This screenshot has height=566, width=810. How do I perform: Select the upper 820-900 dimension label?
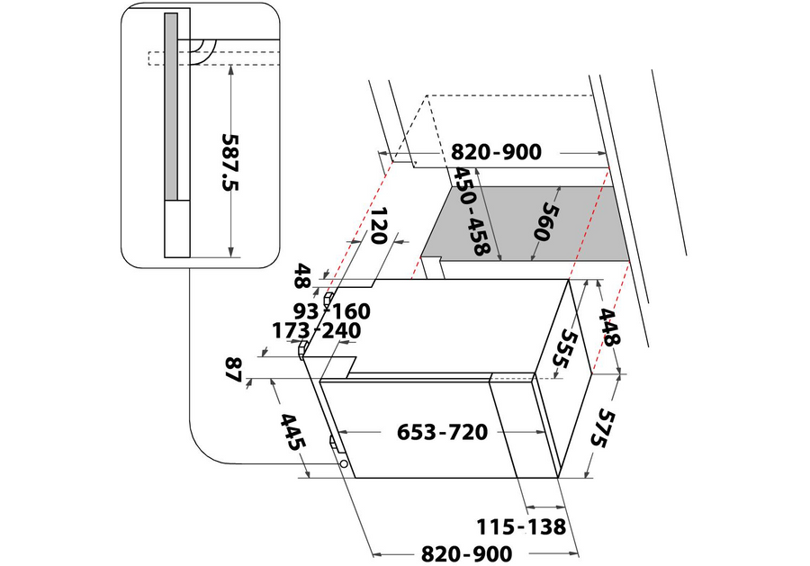pos(497,152)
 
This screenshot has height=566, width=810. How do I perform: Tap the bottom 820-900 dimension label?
pos(467,554)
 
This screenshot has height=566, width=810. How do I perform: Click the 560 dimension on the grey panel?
pos(546,222)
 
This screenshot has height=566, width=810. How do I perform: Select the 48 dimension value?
pos(302,275)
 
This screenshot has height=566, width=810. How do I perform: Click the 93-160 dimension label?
pos(332,311)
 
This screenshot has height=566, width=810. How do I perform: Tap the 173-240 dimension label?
pos(316,331)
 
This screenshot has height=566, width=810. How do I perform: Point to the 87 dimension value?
pos(235,370)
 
